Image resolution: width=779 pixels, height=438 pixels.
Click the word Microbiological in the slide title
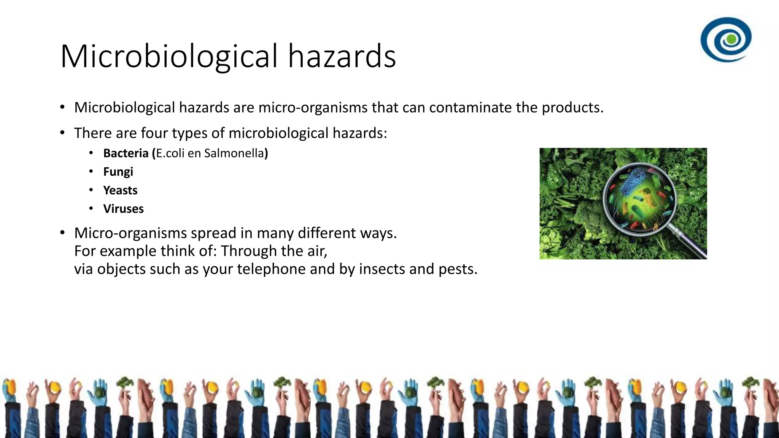(x=169, y=56)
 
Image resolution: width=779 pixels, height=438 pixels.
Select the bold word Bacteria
(x=126, y=153)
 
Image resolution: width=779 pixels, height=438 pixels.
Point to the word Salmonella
(x=234, y=153)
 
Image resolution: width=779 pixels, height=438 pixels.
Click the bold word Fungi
(x=118, y=172)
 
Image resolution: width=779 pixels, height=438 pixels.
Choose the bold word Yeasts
(x=120, y=190)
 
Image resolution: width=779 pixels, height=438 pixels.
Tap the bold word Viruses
(x=123, y=209)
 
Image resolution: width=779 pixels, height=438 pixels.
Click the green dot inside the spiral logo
(x=731, y=39)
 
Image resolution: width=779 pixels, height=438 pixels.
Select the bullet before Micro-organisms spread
(x=62, y=233)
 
